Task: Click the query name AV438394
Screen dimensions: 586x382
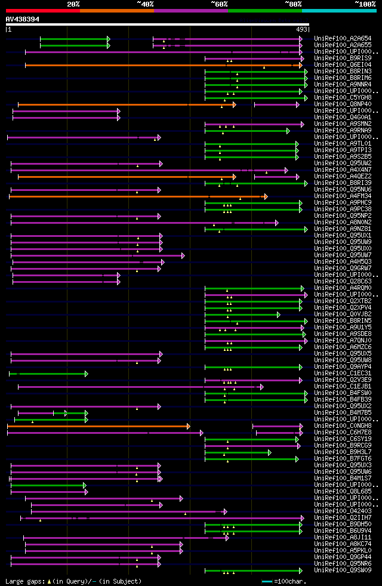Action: click(23, 19)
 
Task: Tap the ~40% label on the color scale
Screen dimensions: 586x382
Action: click(145, 4)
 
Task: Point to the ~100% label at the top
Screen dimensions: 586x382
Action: click(365, 4)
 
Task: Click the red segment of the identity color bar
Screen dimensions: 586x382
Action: click(42, 10)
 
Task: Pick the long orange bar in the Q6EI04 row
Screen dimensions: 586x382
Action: click(161, 65)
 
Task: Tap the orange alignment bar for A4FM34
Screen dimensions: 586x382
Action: click(137, 196)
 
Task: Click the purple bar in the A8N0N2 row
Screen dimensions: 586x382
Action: click(143, 223)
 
